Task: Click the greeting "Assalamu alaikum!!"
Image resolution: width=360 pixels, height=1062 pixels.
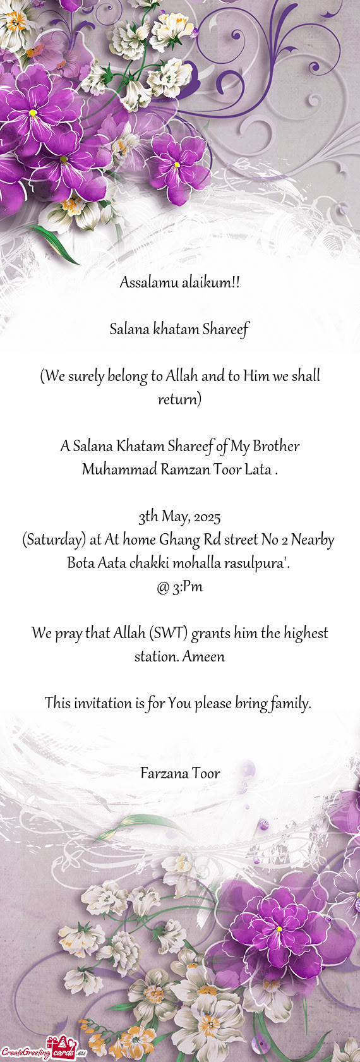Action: click(180, 282)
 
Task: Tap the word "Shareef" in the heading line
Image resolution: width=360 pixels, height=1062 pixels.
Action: click(225, 329)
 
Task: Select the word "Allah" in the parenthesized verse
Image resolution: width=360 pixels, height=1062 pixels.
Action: click(183, 376)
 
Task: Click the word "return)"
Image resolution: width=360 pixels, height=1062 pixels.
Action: click(180, 399)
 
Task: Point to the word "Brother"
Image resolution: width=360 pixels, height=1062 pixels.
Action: click(276, 446)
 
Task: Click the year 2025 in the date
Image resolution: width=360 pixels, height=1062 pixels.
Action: click(207, 517)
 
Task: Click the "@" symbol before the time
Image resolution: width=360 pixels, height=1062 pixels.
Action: click(162, 587)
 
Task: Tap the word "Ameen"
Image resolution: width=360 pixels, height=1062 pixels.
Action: click(203, 656)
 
